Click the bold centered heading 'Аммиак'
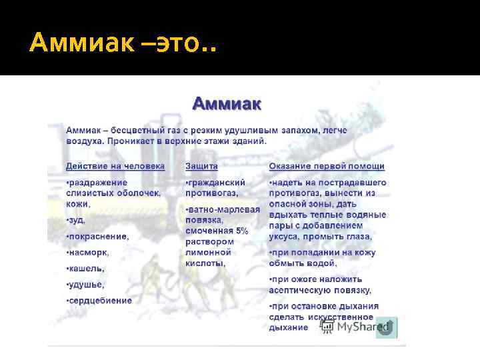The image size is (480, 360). pyautogui.click(x=227, y=103)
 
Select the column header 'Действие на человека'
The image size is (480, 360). pyautogui.click(x=115, y=166)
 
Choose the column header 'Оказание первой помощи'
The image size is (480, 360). pyautogui.click(x=327, y=166)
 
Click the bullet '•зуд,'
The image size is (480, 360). pyautogui.click(x=76, y=220)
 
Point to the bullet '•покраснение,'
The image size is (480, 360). pyautogui.click(x=97, y=236)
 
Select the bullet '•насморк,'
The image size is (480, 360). pyautogui.click(x=87, y=253)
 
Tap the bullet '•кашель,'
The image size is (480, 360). pyautogui.click(x=85, y=269)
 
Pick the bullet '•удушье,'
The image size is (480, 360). pyautogui.click(x=85, y=285)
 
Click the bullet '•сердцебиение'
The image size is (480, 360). pyautogui.click(x=99, y=301)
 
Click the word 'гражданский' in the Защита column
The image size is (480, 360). pyautogui.click(x=217, y=182)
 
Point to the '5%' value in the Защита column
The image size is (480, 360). pyautogui.click(x=241, y=231)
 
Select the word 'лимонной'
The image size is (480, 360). pyautogui.click(x=209, y=252)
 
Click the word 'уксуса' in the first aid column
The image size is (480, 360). pyautogui.click(x=285, y=237)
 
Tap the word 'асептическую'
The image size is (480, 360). pyautogui.click(x=300, y=290)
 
